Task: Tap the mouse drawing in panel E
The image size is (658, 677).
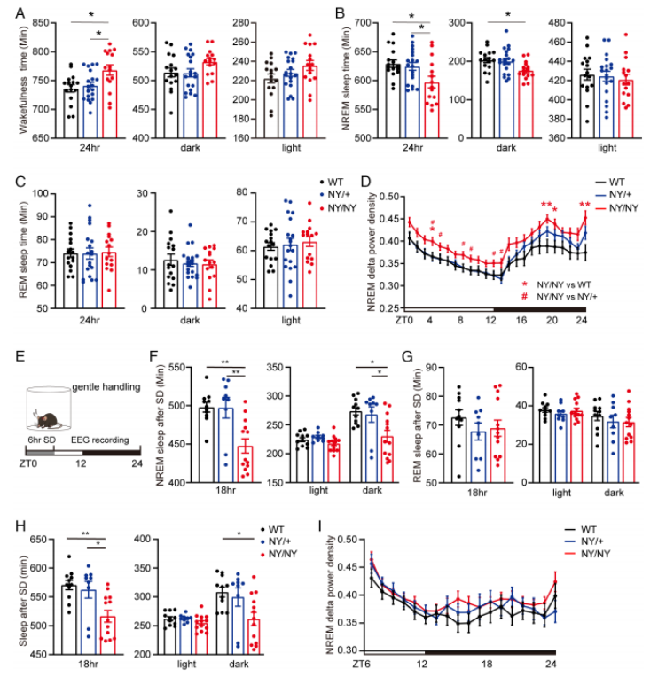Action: (x=47, y=416)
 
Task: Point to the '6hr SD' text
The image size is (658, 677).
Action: (x=40, y=440)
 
